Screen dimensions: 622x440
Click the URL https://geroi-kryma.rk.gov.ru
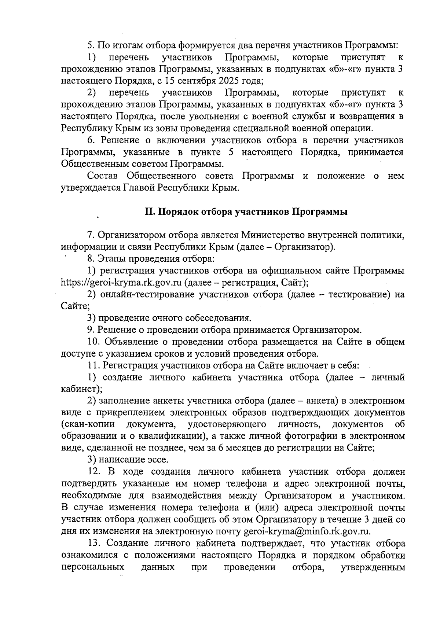click(x=121, y=283)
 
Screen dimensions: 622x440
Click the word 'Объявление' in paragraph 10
click(x=131, y=342)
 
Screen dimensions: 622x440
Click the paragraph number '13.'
click(x=95, y=543)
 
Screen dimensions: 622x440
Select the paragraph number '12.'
click(x=95, y=472)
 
